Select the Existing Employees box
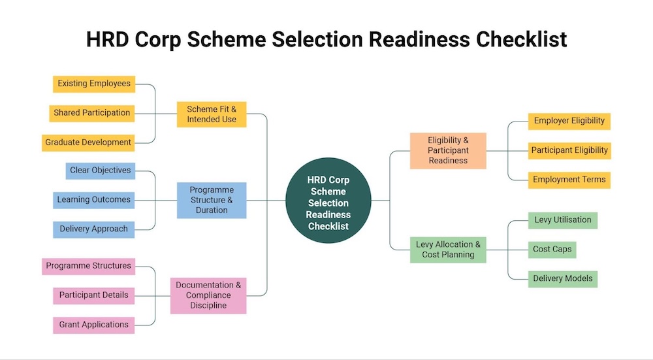pos(94,84)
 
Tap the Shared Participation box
pos(92,113)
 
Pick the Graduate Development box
pos(88,142)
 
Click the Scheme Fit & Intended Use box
pos(212,114)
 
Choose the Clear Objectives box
pos(101,171)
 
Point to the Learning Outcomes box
pos(93,200)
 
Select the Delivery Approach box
pos(93,229)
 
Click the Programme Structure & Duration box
pos(212,200)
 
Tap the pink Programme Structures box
pos(88,266)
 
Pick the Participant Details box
pos(93,295)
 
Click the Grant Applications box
pos(93,325)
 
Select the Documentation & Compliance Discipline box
pos(209,295)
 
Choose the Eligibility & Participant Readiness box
pos(448,150)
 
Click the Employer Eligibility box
pos(569,121)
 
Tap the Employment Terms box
pos(569,180)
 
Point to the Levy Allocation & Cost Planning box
pos(448,249)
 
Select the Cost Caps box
pos(552,249)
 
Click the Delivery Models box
pos(563,278)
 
